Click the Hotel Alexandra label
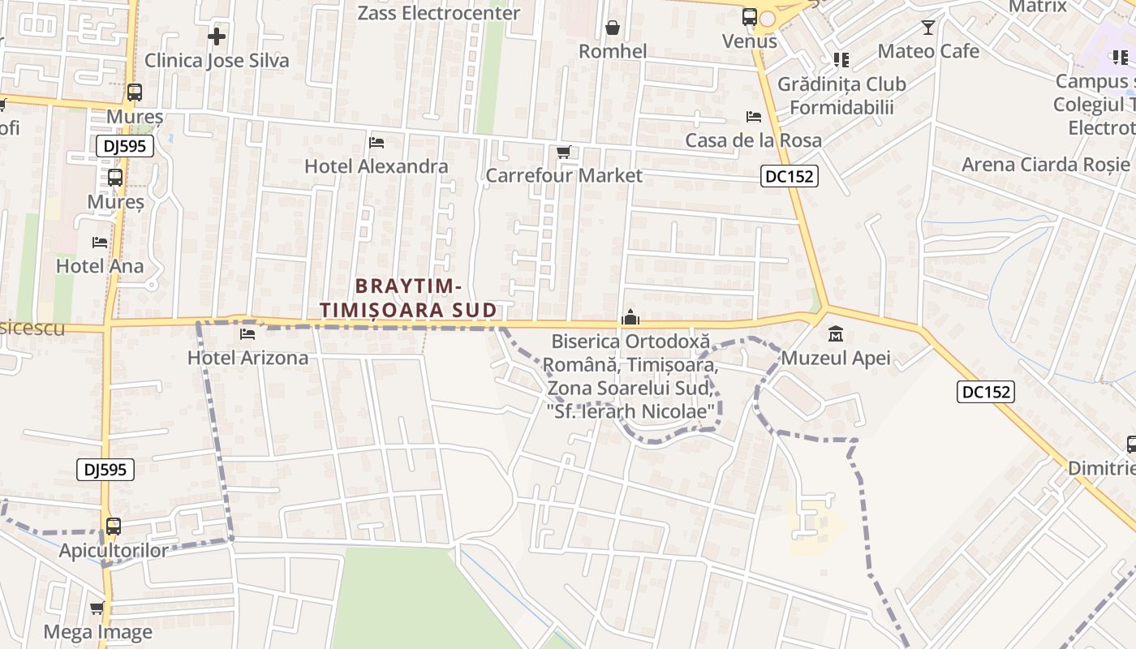pos(376,166)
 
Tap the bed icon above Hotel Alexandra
pos(377,143)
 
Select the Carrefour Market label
pos(563,175)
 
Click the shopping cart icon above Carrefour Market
pos(564,152)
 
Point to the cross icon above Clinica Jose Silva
pos(217,37)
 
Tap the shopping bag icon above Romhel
pos(613,28)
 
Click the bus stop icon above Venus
pos(750,17)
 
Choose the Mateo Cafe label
pos(928,51)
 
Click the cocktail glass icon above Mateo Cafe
pos(928,28)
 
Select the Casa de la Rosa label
pos(753,140)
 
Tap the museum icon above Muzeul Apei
pos(836,333)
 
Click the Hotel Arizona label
pos(247,358)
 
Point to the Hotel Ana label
pos(99,266)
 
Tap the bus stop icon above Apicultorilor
pos(114,527)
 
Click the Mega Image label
pos(97,632)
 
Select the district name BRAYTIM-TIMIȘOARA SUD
pos(408,298)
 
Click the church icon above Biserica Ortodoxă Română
pos(630,318)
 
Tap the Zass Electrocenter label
pos(438,13)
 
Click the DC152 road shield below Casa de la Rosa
pos(789,176)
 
